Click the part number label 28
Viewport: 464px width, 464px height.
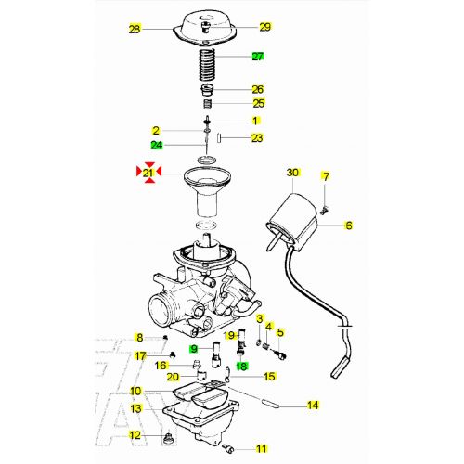coord(135,30)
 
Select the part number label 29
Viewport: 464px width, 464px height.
coord(264,27)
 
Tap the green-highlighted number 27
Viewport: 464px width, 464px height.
coord(258,57)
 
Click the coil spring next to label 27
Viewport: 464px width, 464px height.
coord(205,66)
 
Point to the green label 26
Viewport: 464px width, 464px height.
coord(258,89)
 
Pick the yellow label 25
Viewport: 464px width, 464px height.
coord(258,103)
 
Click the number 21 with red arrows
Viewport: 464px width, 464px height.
coord(148,173)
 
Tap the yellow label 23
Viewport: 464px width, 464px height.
coord(257,138)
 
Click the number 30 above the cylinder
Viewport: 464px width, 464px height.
coord(293,174)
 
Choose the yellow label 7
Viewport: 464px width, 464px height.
coord(326,175)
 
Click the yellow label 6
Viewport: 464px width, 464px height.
coord(349,225)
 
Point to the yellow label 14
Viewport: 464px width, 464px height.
coord(313,406)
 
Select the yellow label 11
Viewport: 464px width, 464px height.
coord(261,448)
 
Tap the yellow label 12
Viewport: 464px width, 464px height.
coord(135,435)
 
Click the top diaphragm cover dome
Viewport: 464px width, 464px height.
coord(205,23)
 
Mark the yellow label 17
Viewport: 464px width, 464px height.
coord(140,355)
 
